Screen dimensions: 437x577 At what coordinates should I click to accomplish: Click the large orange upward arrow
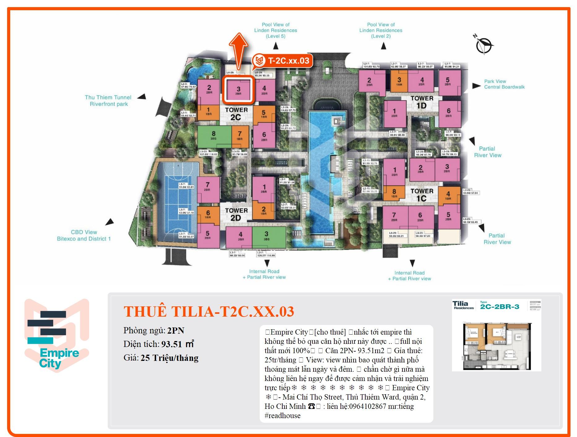coord(238,50)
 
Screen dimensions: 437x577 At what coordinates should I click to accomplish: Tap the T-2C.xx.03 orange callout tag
coord(282,60)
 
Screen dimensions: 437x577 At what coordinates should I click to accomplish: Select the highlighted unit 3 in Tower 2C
coord(238,90)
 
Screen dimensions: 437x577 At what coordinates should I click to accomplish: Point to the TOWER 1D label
coord(422,102)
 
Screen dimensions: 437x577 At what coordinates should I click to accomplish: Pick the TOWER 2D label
coord(236,214)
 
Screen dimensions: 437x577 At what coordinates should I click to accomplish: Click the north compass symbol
coord(484,45)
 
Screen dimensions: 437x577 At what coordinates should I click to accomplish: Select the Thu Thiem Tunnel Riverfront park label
coord(108,101)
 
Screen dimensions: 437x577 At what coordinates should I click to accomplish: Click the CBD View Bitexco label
coord(84,235)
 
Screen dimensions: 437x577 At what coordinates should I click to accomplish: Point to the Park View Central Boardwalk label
coord(504,84)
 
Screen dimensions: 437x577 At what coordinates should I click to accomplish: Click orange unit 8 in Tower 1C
coord(394,193)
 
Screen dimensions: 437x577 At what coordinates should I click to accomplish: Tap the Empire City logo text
coord(59,358)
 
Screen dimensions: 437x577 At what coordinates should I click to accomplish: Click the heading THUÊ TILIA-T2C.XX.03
coord(209,311)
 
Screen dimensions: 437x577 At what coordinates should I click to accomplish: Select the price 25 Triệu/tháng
coord(169,358)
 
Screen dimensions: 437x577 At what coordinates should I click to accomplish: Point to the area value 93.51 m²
coord(178,344)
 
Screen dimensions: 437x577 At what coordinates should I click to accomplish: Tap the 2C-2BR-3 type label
coord(500,307)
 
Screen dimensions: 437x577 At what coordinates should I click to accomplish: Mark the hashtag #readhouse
coord(282,416)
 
